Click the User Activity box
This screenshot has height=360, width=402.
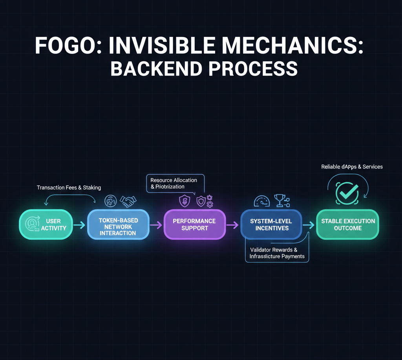[x=46, y=224]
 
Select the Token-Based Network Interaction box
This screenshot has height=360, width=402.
[x=118, y=224]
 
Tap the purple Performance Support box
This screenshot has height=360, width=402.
[x=194, y=224]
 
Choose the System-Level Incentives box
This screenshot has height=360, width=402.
[x=271, y=224]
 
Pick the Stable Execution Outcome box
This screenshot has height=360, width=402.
[x=348, y=224]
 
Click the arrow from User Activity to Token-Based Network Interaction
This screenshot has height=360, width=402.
[x=79, y=225]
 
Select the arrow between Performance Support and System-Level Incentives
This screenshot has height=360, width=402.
[x=232, y=225]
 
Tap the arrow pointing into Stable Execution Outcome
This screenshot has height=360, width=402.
[x=309, y=225]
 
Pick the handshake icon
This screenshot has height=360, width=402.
[x=128, y=202]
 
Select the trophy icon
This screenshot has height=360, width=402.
[x=280, y=200]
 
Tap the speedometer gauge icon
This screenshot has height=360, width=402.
[x=262, y=201]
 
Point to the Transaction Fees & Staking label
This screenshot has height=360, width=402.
[x=69, y=187]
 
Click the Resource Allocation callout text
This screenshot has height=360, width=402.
[x=174, y=183]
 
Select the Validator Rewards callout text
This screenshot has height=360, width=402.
[x=277, y=253]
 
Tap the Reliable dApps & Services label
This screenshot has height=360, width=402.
[x=352, y=167]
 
